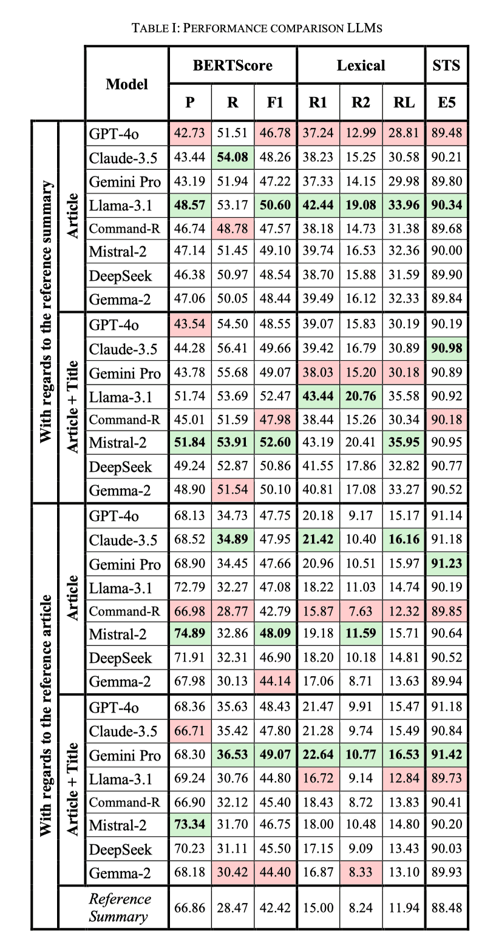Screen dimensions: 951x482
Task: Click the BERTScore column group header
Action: coord(233,65)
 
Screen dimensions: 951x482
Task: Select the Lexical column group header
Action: coord(361,65)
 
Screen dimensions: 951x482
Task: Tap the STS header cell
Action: coord(446,65)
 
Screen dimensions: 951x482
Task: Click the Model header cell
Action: coord(126,84)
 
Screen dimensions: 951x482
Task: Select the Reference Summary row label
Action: coord(120,907)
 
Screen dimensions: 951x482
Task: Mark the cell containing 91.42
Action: coord(446,755)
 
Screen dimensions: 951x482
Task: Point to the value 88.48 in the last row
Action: coord(446,908)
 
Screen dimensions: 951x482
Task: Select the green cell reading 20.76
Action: coord(361,397)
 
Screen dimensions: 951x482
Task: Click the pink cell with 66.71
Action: coord(190,731)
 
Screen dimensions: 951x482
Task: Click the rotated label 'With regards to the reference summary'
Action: coord(45,311)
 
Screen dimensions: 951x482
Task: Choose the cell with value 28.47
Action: coord(233,908)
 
